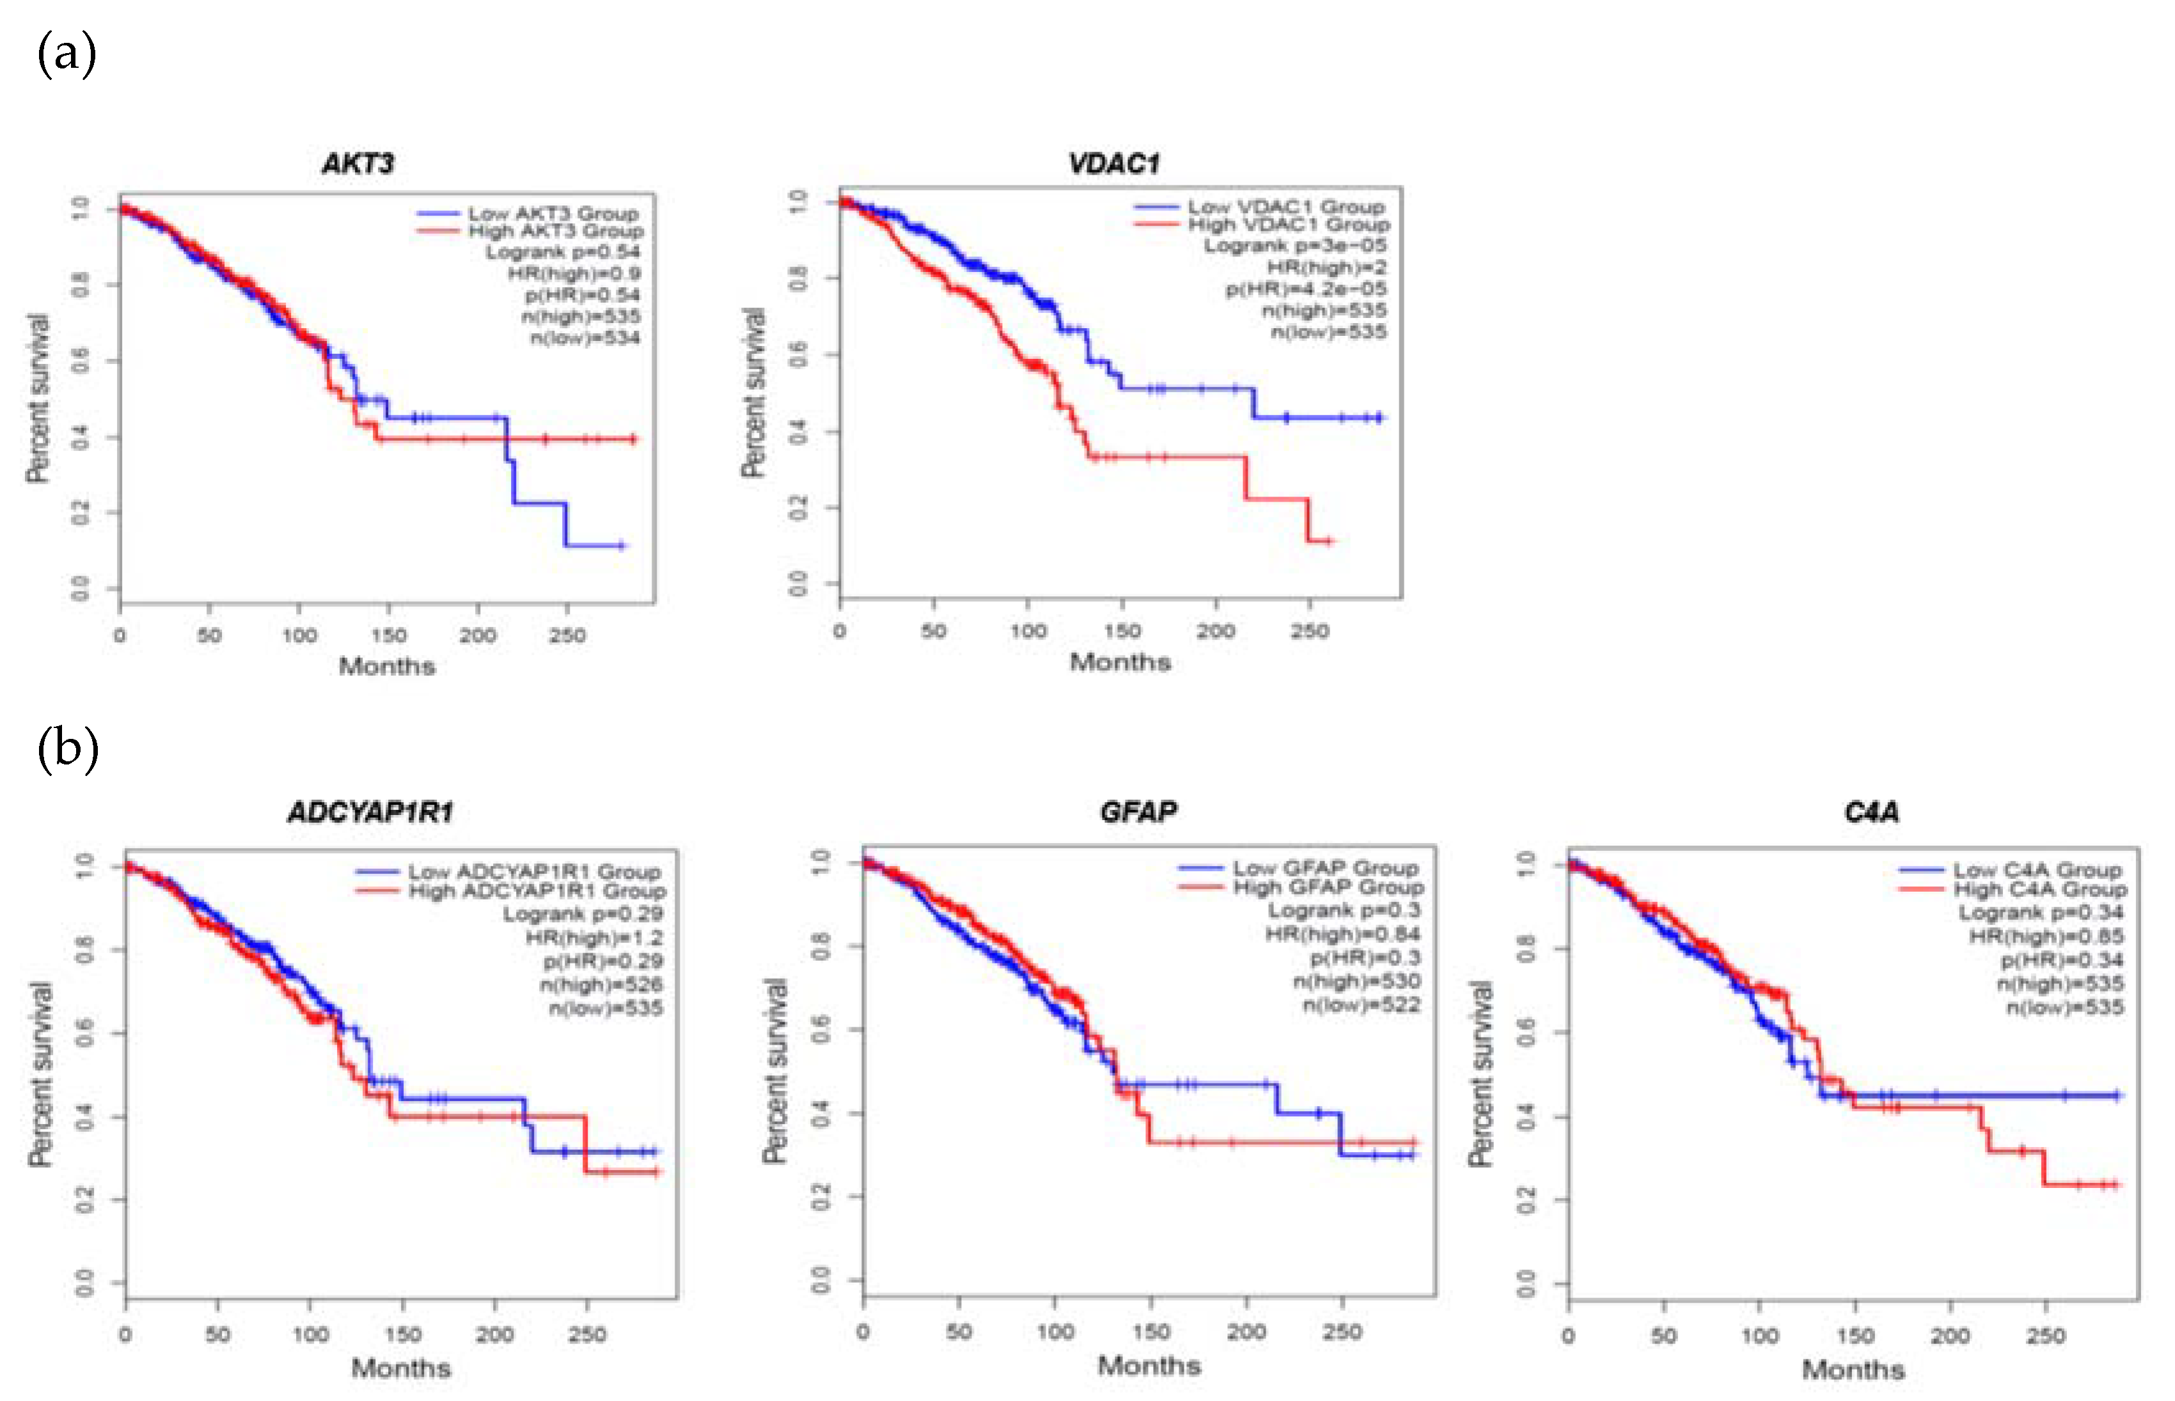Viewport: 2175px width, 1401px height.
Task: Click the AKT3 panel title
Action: [x=357, y=164]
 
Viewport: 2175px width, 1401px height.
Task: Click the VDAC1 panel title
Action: [x=1114, y=164]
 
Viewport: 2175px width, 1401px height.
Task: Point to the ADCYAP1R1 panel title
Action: [x=370, y=812]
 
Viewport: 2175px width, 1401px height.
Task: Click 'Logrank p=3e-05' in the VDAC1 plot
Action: [x=1294, y=246]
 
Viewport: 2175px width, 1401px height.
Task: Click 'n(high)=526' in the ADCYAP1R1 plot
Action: [x=600, y=985]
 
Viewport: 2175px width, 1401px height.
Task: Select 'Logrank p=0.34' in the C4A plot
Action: [x=2041, y=912]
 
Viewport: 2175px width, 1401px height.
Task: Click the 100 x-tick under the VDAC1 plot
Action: [x=1028, y=631]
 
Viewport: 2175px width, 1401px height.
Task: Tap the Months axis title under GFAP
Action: [x=1149, y=1366]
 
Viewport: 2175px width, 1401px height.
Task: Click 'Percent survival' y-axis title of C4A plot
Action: [x=1480, y=1073]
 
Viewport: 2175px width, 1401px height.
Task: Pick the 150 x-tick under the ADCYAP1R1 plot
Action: [x=402, y=1334]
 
